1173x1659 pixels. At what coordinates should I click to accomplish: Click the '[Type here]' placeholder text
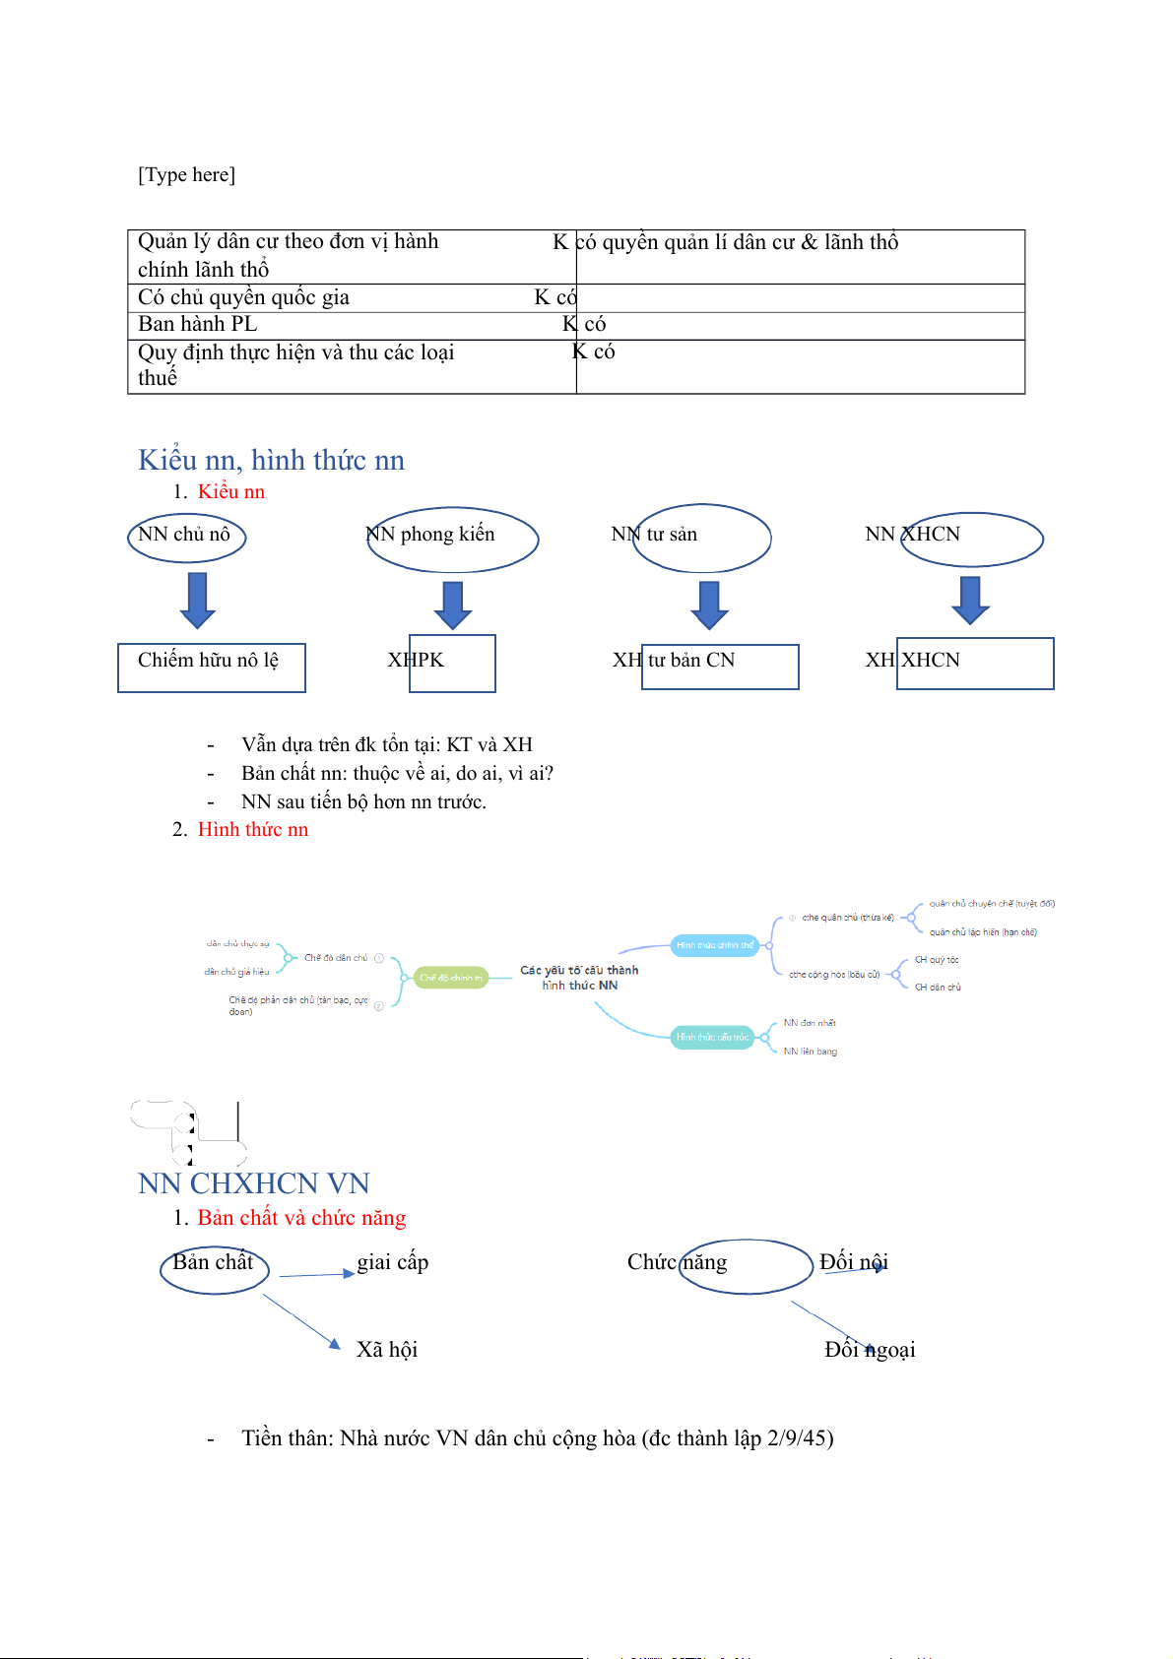(186, 175)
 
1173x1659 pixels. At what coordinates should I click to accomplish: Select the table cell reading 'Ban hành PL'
(197, 325)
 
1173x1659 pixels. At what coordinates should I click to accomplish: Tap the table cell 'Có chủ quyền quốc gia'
(243, 297)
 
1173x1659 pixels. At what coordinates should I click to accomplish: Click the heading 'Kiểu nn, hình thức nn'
(271, 460)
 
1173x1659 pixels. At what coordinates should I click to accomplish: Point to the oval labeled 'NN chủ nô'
(186, 537)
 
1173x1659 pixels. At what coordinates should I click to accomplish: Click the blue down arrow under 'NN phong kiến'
(453, 605)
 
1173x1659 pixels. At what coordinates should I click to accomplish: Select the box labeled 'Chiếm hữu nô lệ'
(211, 667)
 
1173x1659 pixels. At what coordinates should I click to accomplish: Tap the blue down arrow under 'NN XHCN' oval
(970, 600)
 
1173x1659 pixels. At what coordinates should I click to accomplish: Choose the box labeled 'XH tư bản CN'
(719, 666)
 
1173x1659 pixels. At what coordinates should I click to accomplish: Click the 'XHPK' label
(417, 660)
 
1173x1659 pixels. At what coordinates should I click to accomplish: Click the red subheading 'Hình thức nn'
(252, 830)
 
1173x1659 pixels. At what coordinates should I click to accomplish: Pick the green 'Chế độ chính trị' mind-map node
(451, 978)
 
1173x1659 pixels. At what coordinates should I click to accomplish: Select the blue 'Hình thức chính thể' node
(715, 945)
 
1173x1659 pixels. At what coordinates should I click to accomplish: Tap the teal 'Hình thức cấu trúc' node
(712, 1037)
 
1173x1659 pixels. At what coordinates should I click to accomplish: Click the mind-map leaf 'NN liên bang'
(811, 1052)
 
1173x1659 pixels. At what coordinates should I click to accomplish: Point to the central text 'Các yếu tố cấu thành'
(579, 970)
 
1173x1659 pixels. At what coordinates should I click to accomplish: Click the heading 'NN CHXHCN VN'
(253, 1183)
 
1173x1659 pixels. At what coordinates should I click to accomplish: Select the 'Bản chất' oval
(215, 1267)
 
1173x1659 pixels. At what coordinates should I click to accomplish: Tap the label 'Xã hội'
(387, 1350)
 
